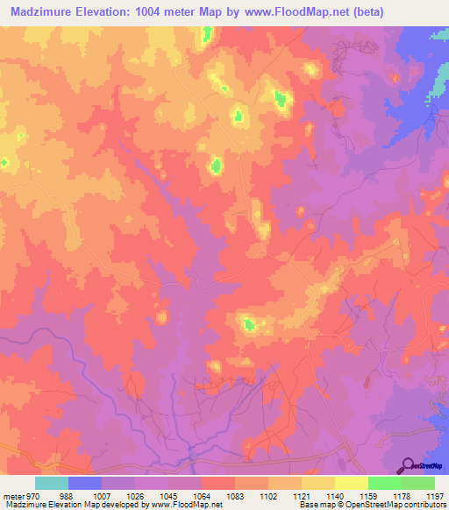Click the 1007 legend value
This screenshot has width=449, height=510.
point(101,497)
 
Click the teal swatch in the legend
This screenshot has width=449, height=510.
point(52,483)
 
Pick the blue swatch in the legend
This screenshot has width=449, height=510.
point(85,483)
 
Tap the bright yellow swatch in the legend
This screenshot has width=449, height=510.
point(351,483)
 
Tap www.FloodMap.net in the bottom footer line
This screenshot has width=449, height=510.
point(186,506)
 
